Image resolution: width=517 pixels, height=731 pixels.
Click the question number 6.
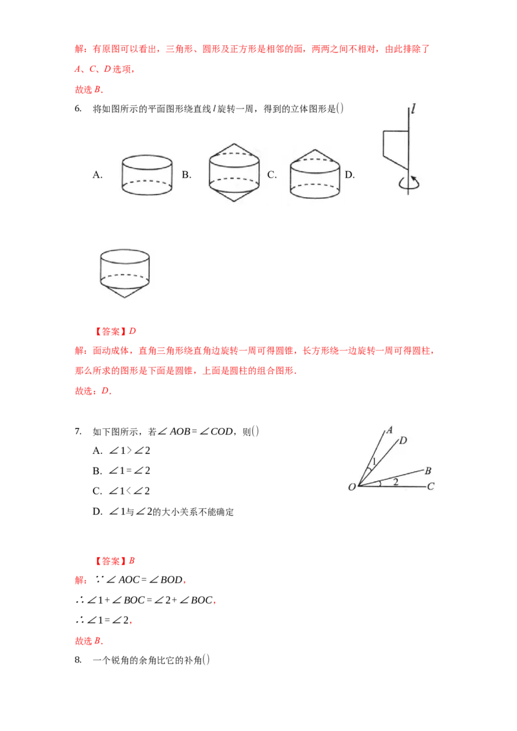pos(78,108)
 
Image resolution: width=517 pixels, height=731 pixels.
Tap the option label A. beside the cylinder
pos(98,175)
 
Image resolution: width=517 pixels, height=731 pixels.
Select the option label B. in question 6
pos(187,175)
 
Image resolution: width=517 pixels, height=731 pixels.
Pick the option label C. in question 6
pos(272,175)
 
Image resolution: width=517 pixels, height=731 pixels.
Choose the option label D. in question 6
pos(350,175)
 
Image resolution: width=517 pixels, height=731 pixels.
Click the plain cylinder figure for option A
pos(147,175)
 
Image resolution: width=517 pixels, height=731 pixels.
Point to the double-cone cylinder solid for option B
pos(234,172)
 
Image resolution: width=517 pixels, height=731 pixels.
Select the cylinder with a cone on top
pos(315,174)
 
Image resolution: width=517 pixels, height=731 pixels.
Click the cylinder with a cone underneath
pos(125,273)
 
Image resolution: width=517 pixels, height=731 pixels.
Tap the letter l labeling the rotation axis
pos(413,109)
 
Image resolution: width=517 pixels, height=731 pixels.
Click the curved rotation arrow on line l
pos(409,183)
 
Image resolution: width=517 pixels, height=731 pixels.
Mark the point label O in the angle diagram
pos(352,487)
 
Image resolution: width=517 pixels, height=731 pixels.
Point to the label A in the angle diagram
pos(389,430)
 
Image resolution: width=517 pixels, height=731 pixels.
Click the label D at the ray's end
pos(403,440)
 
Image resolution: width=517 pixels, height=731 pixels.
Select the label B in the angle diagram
pos(428,471)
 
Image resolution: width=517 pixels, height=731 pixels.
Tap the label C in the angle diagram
pos(430,487)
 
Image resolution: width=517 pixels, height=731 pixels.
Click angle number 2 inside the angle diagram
pos(396,481)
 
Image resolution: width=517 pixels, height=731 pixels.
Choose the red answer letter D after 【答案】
pos(132,331)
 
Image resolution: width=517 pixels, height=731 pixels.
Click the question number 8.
pos(78,660)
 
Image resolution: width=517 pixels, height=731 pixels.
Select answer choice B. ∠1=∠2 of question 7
pos(121,471)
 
